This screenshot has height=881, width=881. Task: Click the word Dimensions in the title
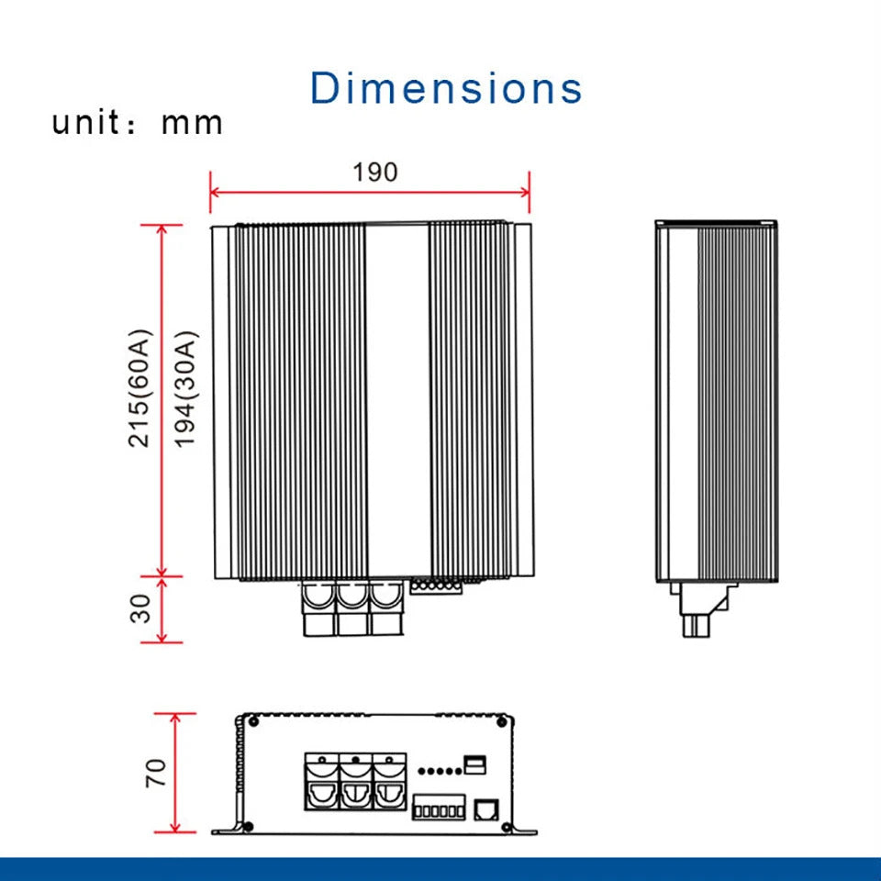(446, 88)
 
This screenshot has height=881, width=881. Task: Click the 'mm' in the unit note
(192, 124)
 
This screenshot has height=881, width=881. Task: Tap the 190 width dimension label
(375, 172)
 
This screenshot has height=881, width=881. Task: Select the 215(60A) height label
(139, 388)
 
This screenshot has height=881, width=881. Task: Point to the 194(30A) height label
(185, 389)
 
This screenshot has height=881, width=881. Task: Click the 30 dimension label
(139, 608)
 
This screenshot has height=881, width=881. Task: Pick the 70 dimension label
(156, 773)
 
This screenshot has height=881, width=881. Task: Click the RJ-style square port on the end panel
(486, 809)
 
